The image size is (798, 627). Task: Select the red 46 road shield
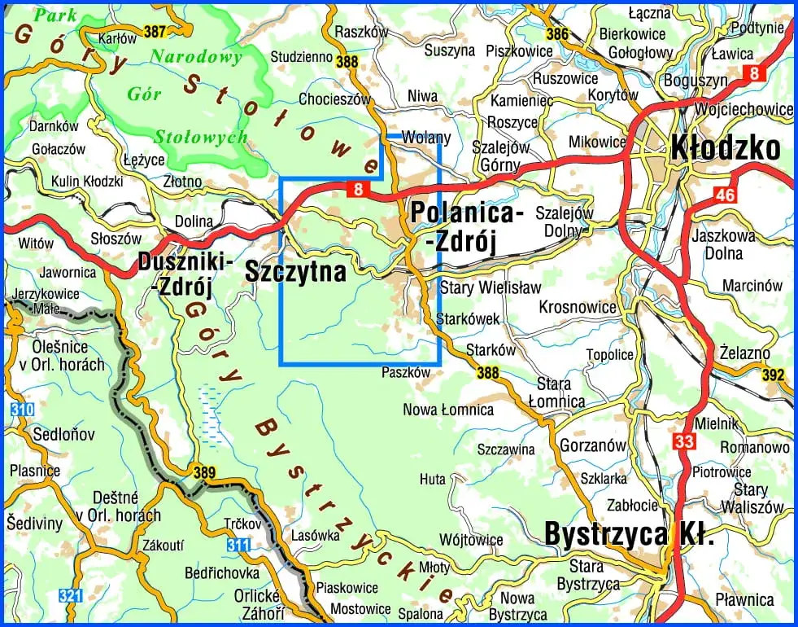(x=725, y=195)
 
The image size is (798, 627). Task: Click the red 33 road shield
(x=683, y=441)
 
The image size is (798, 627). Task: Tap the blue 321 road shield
(x=71, y=596)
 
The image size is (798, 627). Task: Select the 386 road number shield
(x=557, y=34)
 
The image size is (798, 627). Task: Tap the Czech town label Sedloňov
(x=55, y=435)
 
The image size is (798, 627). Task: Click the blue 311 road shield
(x=238, y=545)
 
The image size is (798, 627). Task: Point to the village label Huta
(x=432, y=480)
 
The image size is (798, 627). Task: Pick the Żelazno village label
(x=744, y=352)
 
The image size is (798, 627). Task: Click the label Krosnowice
(x=578, y=307)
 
